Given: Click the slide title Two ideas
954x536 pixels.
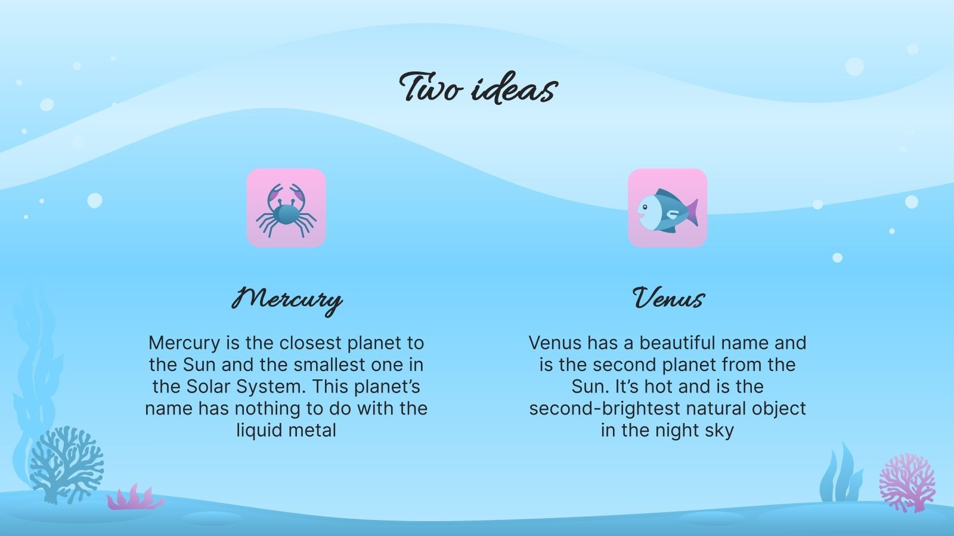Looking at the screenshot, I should click(x=478, y=88).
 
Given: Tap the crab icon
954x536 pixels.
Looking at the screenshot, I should click(x=286, y=208).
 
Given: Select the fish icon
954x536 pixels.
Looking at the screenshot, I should click(x=667, y=208).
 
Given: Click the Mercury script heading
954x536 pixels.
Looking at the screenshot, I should click(x=287, y=298).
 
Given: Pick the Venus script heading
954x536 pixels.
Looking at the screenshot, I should click(x=668, y=298).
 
